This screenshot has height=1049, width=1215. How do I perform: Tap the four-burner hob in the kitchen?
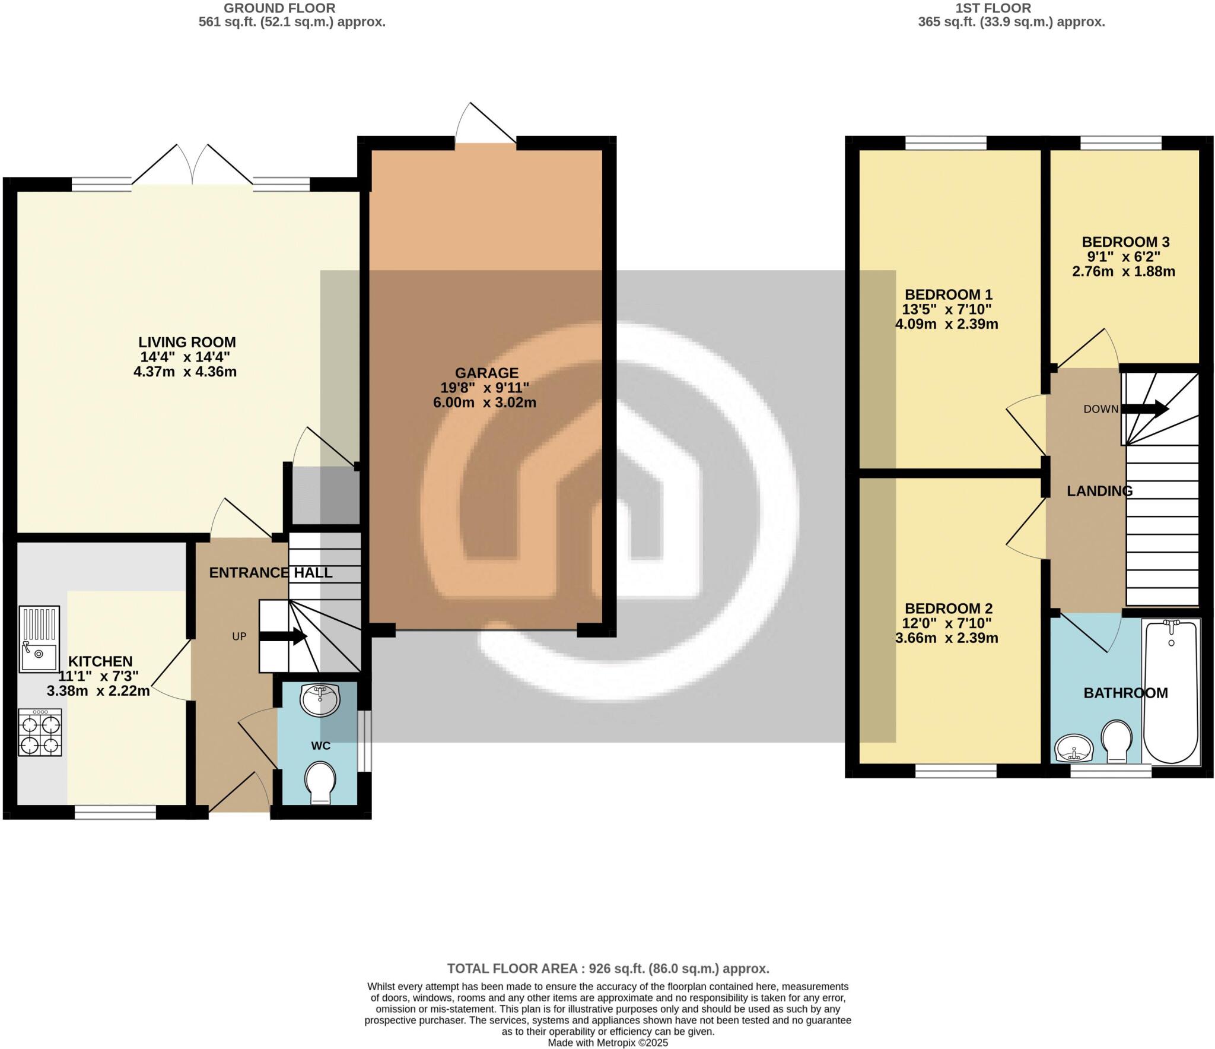(40, 732)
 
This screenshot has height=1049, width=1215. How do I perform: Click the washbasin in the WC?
(320, 700)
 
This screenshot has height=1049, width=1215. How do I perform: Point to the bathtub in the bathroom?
(1171, 691)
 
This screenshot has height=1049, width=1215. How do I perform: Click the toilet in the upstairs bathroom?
(1117, 741)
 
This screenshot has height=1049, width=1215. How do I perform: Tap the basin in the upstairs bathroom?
(1074, 749)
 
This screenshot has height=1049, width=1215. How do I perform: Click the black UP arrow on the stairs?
(283, 636)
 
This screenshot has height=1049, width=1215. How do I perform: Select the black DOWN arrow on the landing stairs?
(1144, 409)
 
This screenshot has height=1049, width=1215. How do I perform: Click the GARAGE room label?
(486, 373)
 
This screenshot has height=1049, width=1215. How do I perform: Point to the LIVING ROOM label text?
(187, 342)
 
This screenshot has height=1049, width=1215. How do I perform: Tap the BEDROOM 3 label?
(1125, 242)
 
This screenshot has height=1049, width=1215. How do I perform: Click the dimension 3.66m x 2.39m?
(946, 638)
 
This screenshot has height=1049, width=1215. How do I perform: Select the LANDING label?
(1099, 491)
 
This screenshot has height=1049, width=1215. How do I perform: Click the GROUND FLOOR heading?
(279, 8)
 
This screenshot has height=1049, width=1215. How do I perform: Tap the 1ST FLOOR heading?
(993, 8)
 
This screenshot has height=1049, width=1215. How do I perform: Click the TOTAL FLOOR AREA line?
(607, 968)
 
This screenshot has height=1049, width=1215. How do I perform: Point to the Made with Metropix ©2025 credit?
(607, 1042)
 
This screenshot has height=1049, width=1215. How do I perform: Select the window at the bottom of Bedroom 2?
(956, 771)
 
